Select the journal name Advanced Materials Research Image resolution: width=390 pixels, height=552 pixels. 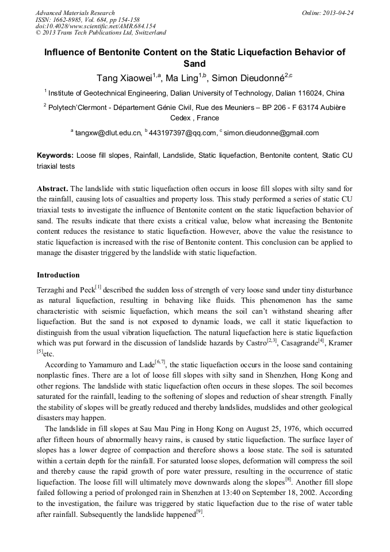75,13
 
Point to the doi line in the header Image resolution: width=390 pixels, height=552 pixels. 95,26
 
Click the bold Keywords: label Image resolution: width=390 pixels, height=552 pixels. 55,155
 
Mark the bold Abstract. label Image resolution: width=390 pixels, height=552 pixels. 52,189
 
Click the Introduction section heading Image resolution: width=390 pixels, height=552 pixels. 58,275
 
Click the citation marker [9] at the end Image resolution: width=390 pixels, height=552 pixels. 199,513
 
